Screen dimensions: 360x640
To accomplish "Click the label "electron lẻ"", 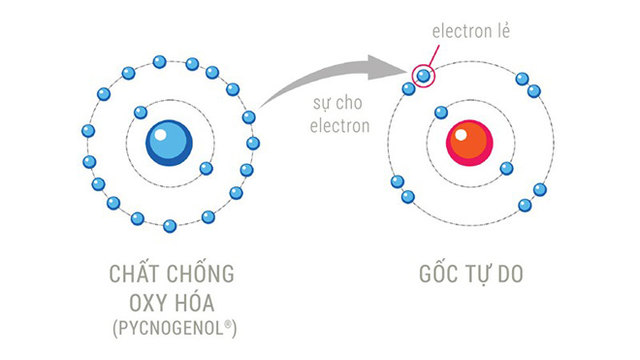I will tap(470, 31).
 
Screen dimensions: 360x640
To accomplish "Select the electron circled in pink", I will tap(424, 75).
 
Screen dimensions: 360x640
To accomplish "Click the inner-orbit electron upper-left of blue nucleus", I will tap(141, 112).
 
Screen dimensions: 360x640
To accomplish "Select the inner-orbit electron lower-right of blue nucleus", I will tap(206, 169).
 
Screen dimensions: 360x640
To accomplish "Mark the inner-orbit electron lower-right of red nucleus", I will tap(506, 168).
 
